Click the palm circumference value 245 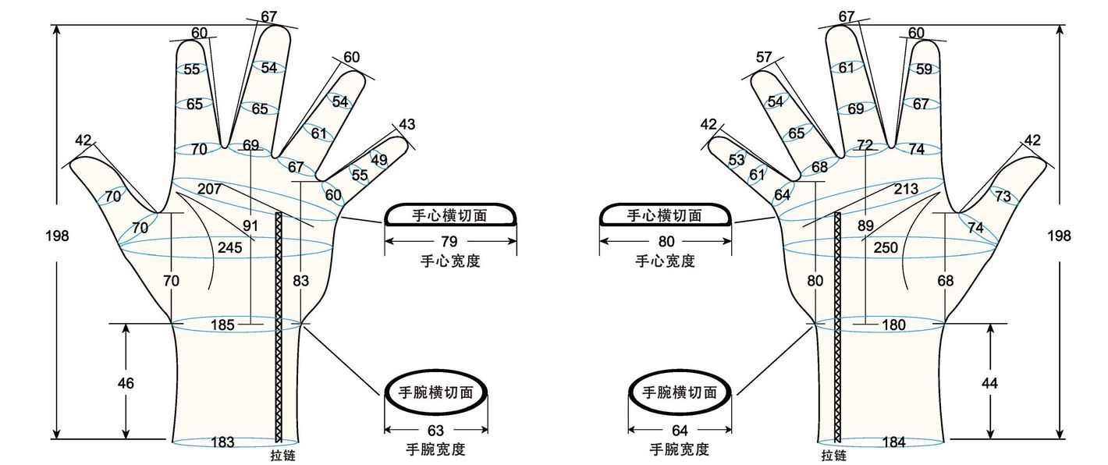point(229,248)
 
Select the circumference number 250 point(886,247)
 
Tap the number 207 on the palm point(208,188)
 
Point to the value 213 point(906,188)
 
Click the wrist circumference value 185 point(222,325)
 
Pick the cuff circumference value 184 point(893,442)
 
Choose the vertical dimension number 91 point(250,226)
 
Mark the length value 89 point(866,226)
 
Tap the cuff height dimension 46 point(126,383)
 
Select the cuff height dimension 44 point(989,383)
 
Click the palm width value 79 point(449,241)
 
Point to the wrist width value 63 point(435,430)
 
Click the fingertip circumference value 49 point(378,160)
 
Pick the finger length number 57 point(763,57)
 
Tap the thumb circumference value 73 point(1003,196)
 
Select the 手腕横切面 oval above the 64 point(679,392)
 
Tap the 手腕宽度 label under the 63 point(435,449)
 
